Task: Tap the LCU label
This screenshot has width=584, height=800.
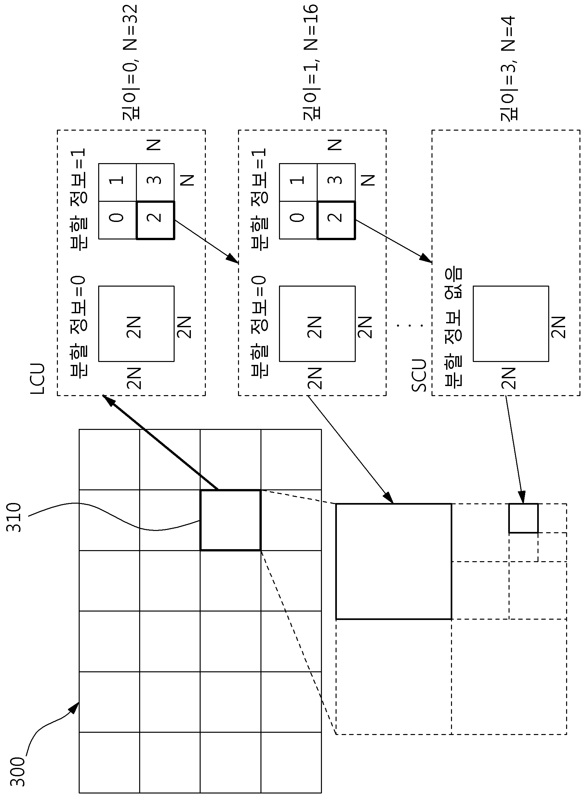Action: point(38,378)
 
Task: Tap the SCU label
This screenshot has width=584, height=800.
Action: point(419,375)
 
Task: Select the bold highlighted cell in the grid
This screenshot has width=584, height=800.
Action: point(231,520)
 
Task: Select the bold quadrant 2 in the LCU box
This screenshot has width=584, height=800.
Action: point(155,220)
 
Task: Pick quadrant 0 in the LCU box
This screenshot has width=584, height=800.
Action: point(117,220)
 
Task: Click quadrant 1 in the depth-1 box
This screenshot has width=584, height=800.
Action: point(298,182)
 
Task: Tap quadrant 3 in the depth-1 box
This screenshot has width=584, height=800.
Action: point(336,182)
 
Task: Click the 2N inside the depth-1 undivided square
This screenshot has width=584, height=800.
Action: point(315,328)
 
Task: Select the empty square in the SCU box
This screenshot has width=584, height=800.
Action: point(511,324)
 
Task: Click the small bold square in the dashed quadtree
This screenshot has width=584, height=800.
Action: point(523,518)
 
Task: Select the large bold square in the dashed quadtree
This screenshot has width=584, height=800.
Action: point(393,561)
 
